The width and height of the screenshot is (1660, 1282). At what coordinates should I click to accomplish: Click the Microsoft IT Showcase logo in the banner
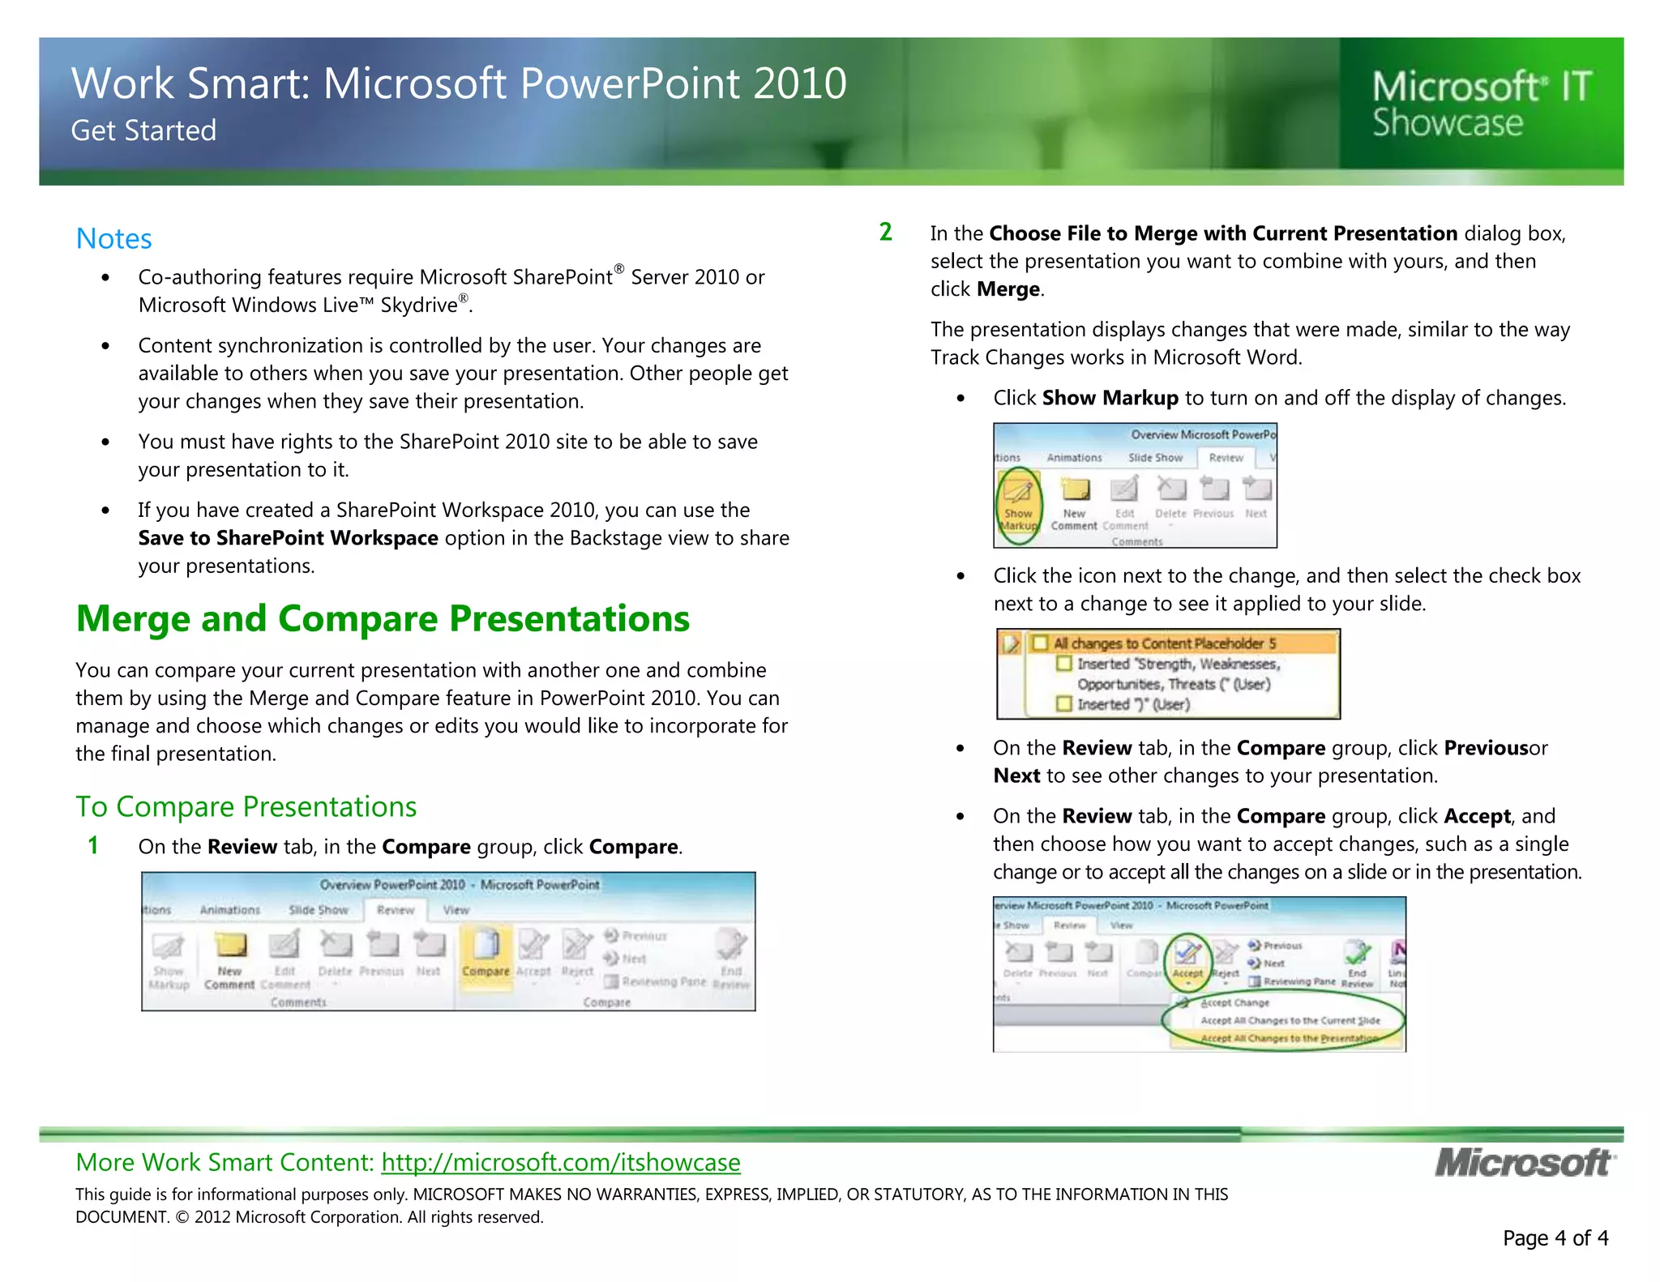coord(1482,104)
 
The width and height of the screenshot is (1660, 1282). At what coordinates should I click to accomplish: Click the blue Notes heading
coord(113,239)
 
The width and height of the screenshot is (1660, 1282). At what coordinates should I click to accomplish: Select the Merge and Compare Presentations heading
coord(382,618)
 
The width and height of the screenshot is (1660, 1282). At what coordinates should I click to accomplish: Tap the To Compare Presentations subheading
coord(246,807)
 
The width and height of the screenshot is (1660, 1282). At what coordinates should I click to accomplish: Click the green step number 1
coord(93,846)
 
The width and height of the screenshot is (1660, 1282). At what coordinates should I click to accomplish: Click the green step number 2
coord(886,233)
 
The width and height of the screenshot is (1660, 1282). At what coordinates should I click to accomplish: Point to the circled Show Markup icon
coord(1018,502)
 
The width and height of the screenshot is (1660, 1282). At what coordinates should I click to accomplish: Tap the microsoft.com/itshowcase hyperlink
coord(560,1162)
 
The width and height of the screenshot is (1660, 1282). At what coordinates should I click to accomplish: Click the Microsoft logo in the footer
coord(1524,1163)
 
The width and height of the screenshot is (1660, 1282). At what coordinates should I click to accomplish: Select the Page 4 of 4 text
coord(1555,1238)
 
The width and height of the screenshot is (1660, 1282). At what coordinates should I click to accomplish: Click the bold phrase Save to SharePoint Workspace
coord(288,538)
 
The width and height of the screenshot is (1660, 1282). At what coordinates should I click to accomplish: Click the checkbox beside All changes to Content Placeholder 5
coord(1041,643)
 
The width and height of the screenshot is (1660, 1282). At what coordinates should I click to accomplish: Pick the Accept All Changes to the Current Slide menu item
coord(1290,1020)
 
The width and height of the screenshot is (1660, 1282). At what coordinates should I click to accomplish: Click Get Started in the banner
coord(143,130)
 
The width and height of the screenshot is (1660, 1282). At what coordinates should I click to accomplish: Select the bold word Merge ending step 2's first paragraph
coord(1008,289)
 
